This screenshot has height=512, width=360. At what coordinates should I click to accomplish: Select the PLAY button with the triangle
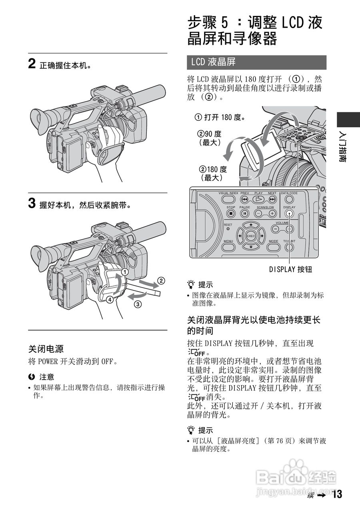(259, 199)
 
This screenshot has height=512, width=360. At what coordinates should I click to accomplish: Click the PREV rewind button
(245, 199)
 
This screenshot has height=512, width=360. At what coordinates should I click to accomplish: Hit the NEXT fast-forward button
(272, 199)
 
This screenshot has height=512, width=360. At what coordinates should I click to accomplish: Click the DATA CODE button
(289, 199)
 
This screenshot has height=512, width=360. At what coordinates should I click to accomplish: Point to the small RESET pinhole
(228, 229)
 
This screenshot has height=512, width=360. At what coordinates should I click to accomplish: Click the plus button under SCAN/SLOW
(272, 214)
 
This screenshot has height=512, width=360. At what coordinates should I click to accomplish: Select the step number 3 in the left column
(32, 204)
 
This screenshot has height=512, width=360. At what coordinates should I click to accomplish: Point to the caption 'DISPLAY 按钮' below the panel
(290, 269)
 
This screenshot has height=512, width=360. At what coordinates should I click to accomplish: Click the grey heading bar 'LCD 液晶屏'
(256, 62)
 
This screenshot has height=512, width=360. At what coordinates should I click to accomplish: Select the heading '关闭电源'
(46, 349)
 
